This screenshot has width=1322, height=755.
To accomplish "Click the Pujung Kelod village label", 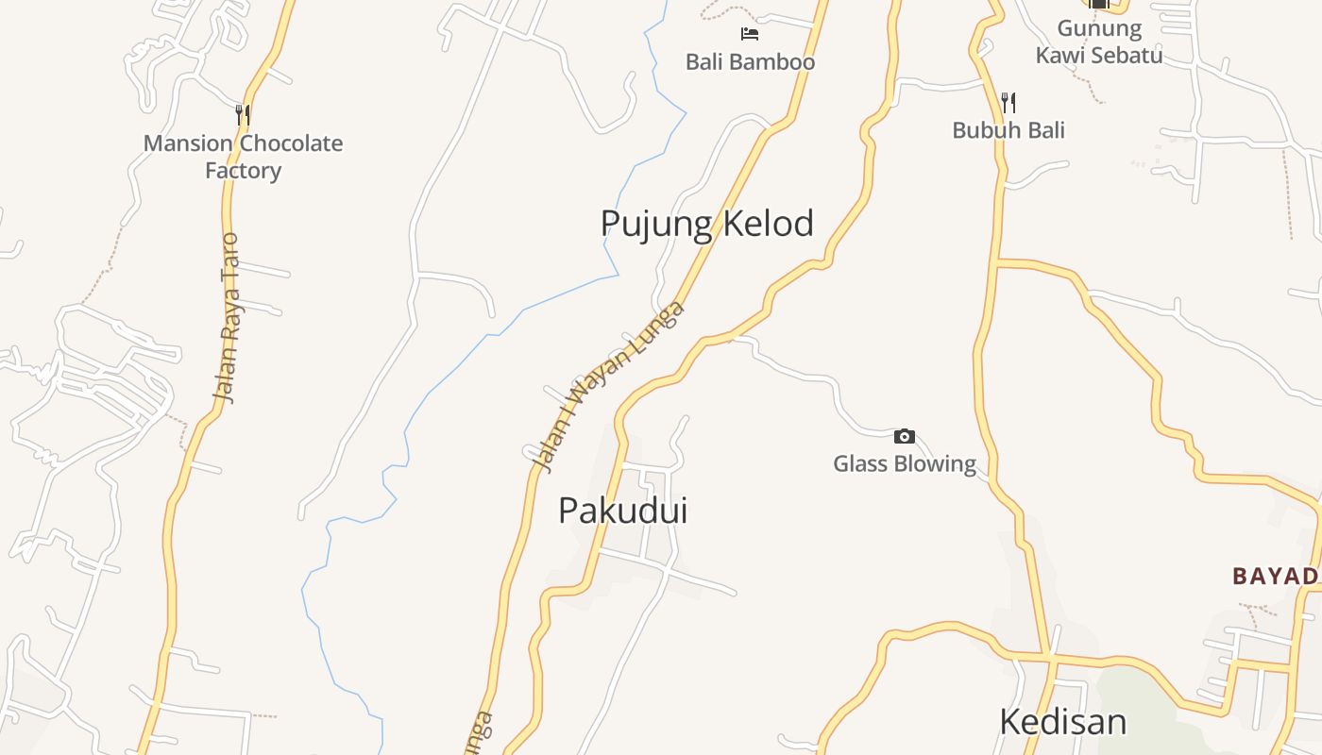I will pos(706,224).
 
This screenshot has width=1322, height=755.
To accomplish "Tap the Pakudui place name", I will pos(622,511).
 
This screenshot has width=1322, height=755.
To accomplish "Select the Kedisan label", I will pos(1062,722).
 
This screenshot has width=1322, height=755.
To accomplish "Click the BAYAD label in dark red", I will pos(1276,576).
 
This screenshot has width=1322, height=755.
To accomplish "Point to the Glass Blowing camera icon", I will pos(905,436).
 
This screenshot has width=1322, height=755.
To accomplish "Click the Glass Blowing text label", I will pos(905,463).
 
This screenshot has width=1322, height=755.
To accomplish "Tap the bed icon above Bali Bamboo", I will pos(750,34).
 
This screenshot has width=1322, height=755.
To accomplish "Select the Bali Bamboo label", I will pos(750,62).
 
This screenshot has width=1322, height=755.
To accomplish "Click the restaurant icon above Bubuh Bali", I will pos(1008,102).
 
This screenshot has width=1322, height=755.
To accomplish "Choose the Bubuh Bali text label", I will pos(1008,130).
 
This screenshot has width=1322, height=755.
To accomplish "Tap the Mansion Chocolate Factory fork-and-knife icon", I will pos(243,115).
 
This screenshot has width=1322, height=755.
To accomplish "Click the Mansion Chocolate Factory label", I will pos(243,157).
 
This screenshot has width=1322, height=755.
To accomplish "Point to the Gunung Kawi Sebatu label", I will pos(1098,42).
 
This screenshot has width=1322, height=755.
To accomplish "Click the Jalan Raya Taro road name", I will pos(228,318).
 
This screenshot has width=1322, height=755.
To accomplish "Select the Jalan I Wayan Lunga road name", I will pos(606,387).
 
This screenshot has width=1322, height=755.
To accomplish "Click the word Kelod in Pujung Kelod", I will pos(768,224).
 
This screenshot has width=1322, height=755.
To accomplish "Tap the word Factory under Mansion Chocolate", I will pos(243,171).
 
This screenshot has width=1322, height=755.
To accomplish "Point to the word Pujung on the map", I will pos(657,224).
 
